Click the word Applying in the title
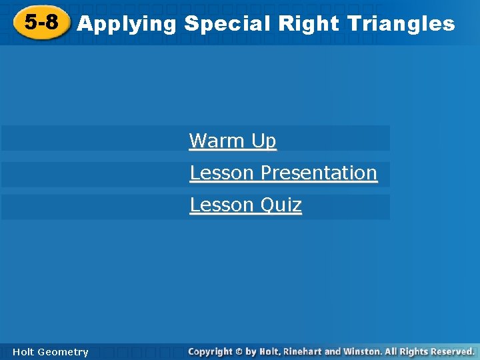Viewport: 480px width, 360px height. pyautogui.click(x=127, y=25)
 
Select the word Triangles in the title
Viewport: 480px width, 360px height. pyautogui.click(x=401, y=24)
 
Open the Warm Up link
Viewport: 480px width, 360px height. pyautogui.click(x=232, y=141)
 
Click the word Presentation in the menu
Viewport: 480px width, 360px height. pyautogui.click(x=319, y=173)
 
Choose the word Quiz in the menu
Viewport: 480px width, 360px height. pyautogui.click(x=281, y=205)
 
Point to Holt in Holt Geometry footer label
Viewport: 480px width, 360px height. pyautogui.click(x=23, y=352)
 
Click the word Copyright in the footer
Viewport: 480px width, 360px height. pyautogui.click(x=210, y=351)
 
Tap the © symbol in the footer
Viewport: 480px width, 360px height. pyautogui.click(x=240, y=351)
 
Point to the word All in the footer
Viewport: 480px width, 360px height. pyautogui.click(x=392, y=351)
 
